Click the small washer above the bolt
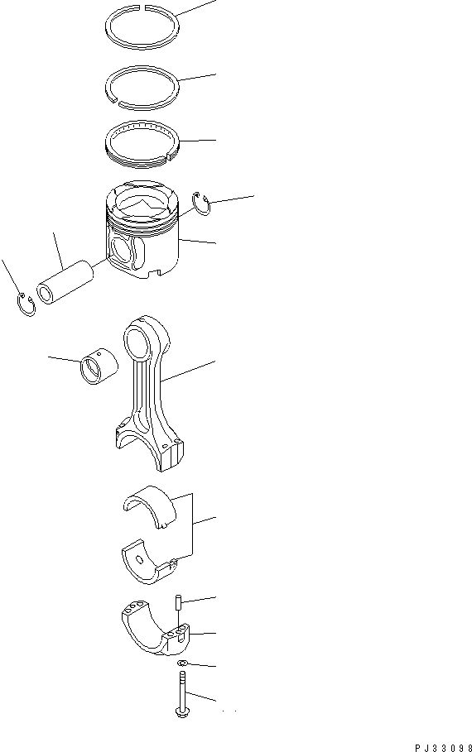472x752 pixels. point(181,665)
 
